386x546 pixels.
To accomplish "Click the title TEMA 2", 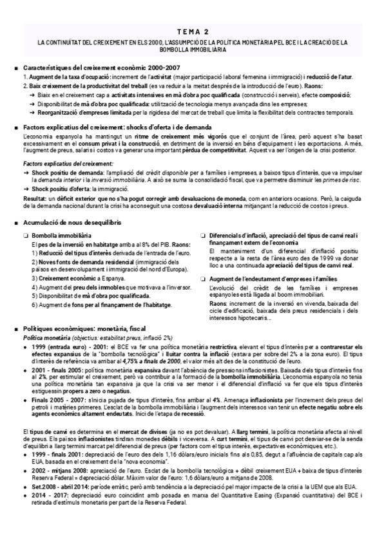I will [192, 31].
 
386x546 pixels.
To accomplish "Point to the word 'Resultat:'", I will [34, 200].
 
